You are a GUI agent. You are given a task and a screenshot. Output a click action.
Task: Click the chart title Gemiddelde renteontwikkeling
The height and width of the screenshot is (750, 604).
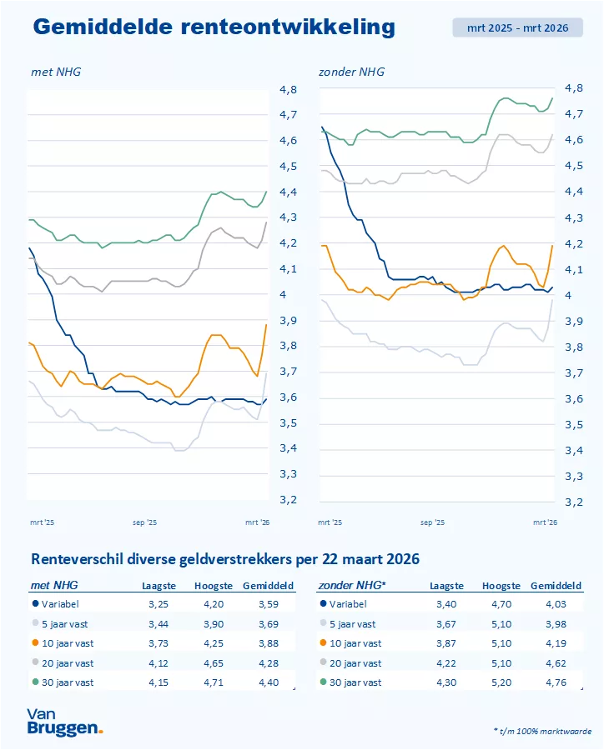(x=214, y=27)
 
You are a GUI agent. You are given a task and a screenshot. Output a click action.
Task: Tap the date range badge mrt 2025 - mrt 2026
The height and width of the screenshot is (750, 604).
(x=517, y=27)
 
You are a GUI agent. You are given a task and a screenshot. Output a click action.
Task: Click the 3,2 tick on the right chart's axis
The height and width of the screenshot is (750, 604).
(x=574, y=502)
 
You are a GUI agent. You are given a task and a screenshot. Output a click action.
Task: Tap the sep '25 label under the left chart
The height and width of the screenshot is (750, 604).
(x=144, y=522)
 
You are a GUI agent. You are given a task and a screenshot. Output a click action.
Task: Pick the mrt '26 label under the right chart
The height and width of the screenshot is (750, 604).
(x=546, y=522)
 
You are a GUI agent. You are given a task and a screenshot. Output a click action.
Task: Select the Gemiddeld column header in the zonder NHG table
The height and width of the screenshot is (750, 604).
(x=556, y=586)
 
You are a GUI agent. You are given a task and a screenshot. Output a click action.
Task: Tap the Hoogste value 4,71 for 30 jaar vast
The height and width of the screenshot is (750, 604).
(x=210, y=682)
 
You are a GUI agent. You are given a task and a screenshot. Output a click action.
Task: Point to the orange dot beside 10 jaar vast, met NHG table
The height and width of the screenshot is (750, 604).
(x=34, y=643)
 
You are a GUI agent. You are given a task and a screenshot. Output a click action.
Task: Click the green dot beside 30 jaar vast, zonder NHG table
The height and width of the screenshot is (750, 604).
(x=323, y=682)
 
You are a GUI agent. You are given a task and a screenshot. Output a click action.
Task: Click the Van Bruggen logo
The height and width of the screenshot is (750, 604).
(x=64, y=721)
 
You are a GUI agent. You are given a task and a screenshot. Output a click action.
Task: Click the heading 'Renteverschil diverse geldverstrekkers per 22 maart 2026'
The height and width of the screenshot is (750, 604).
(x=224, y=558)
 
